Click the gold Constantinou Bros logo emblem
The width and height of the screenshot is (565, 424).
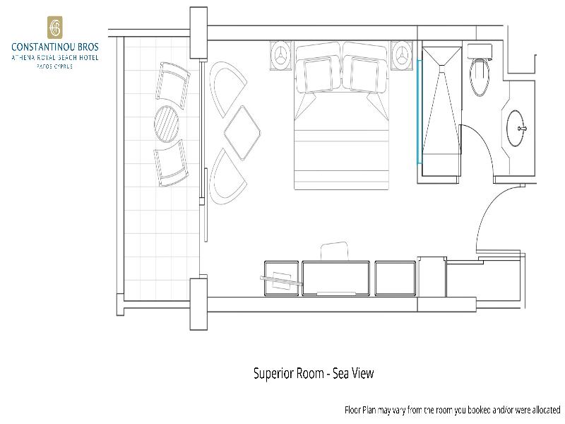click(x=55, y=28)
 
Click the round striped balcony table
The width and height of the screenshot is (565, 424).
click(x=167, y=124)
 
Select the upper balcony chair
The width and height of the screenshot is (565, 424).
click(x=172, y=85)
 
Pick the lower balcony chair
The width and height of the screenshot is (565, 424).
click(x=171, y=163)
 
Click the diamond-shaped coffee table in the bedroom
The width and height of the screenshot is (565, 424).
click(x=242, y=133)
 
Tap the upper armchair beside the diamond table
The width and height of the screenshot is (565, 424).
click(x=227, y=89)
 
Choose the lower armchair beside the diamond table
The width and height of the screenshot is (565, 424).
click(x=227, y=176)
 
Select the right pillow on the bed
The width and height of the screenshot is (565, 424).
click(x=364, y=75)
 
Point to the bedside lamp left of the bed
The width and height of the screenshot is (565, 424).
click(x=280, y=56)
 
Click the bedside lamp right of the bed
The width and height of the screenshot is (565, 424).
click(x=401, y=56)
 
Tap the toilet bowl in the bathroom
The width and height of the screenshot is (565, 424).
click(x=480, y=77)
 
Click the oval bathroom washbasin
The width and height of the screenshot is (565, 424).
click(x=516, y=128)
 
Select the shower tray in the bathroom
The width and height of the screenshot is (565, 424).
click(x=442, y=111)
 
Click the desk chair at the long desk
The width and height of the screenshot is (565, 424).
click(x=334, y=251)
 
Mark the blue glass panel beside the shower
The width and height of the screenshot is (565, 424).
click(x=419, y=112)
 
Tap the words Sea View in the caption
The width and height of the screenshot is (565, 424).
click(x=353, y=373)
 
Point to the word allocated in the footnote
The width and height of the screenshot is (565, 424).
click(x=545, y=410)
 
